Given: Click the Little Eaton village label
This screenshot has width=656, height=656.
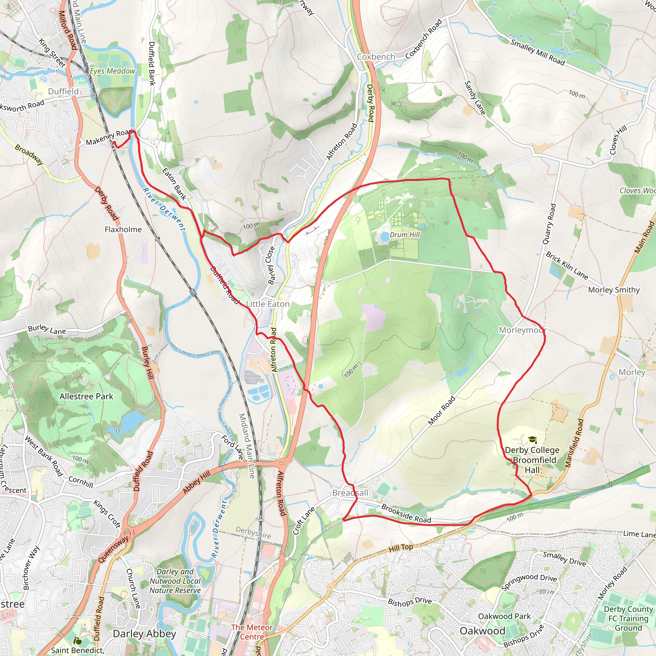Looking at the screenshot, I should coord(267,304).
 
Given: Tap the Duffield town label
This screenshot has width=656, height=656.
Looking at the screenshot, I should coord(63,91).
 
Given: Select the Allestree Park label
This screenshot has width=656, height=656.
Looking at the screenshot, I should coord(86,396).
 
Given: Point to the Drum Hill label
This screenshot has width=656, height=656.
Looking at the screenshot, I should coord(405,234).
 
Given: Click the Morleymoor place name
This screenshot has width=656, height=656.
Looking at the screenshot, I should coord(522,330).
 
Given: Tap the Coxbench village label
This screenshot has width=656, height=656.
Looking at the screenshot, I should coord(376,57).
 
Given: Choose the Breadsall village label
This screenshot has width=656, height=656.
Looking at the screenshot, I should coord(350,493).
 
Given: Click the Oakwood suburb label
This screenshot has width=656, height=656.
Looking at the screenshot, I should coord(482,631).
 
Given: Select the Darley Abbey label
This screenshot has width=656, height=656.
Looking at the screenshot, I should coord(144,634).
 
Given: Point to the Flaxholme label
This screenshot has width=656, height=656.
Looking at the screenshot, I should coord(123,230).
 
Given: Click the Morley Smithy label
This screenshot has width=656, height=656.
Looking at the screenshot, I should coord(614,290).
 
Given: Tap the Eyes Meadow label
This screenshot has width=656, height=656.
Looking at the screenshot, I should coord(112,71).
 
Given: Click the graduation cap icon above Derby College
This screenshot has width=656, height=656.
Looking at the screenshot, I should coord(532,440).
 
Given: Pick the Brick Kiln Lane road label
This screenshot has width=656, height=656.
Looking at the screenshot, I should coord(567,266).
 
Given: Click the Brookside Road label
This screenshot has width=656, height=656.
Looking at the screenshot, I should coord(406,513).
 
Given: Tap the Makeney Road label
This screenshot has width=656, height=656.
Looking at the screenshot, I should coord(109,137).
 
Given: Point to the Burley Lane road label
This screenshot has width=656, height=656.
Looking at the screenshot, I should coord(47,329).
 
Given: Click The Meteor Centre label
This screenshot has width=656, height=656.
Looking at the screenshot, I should coord(252,632).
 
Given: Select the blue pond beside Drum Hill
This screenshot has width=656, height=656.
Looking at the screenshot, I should coord(384,236).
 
